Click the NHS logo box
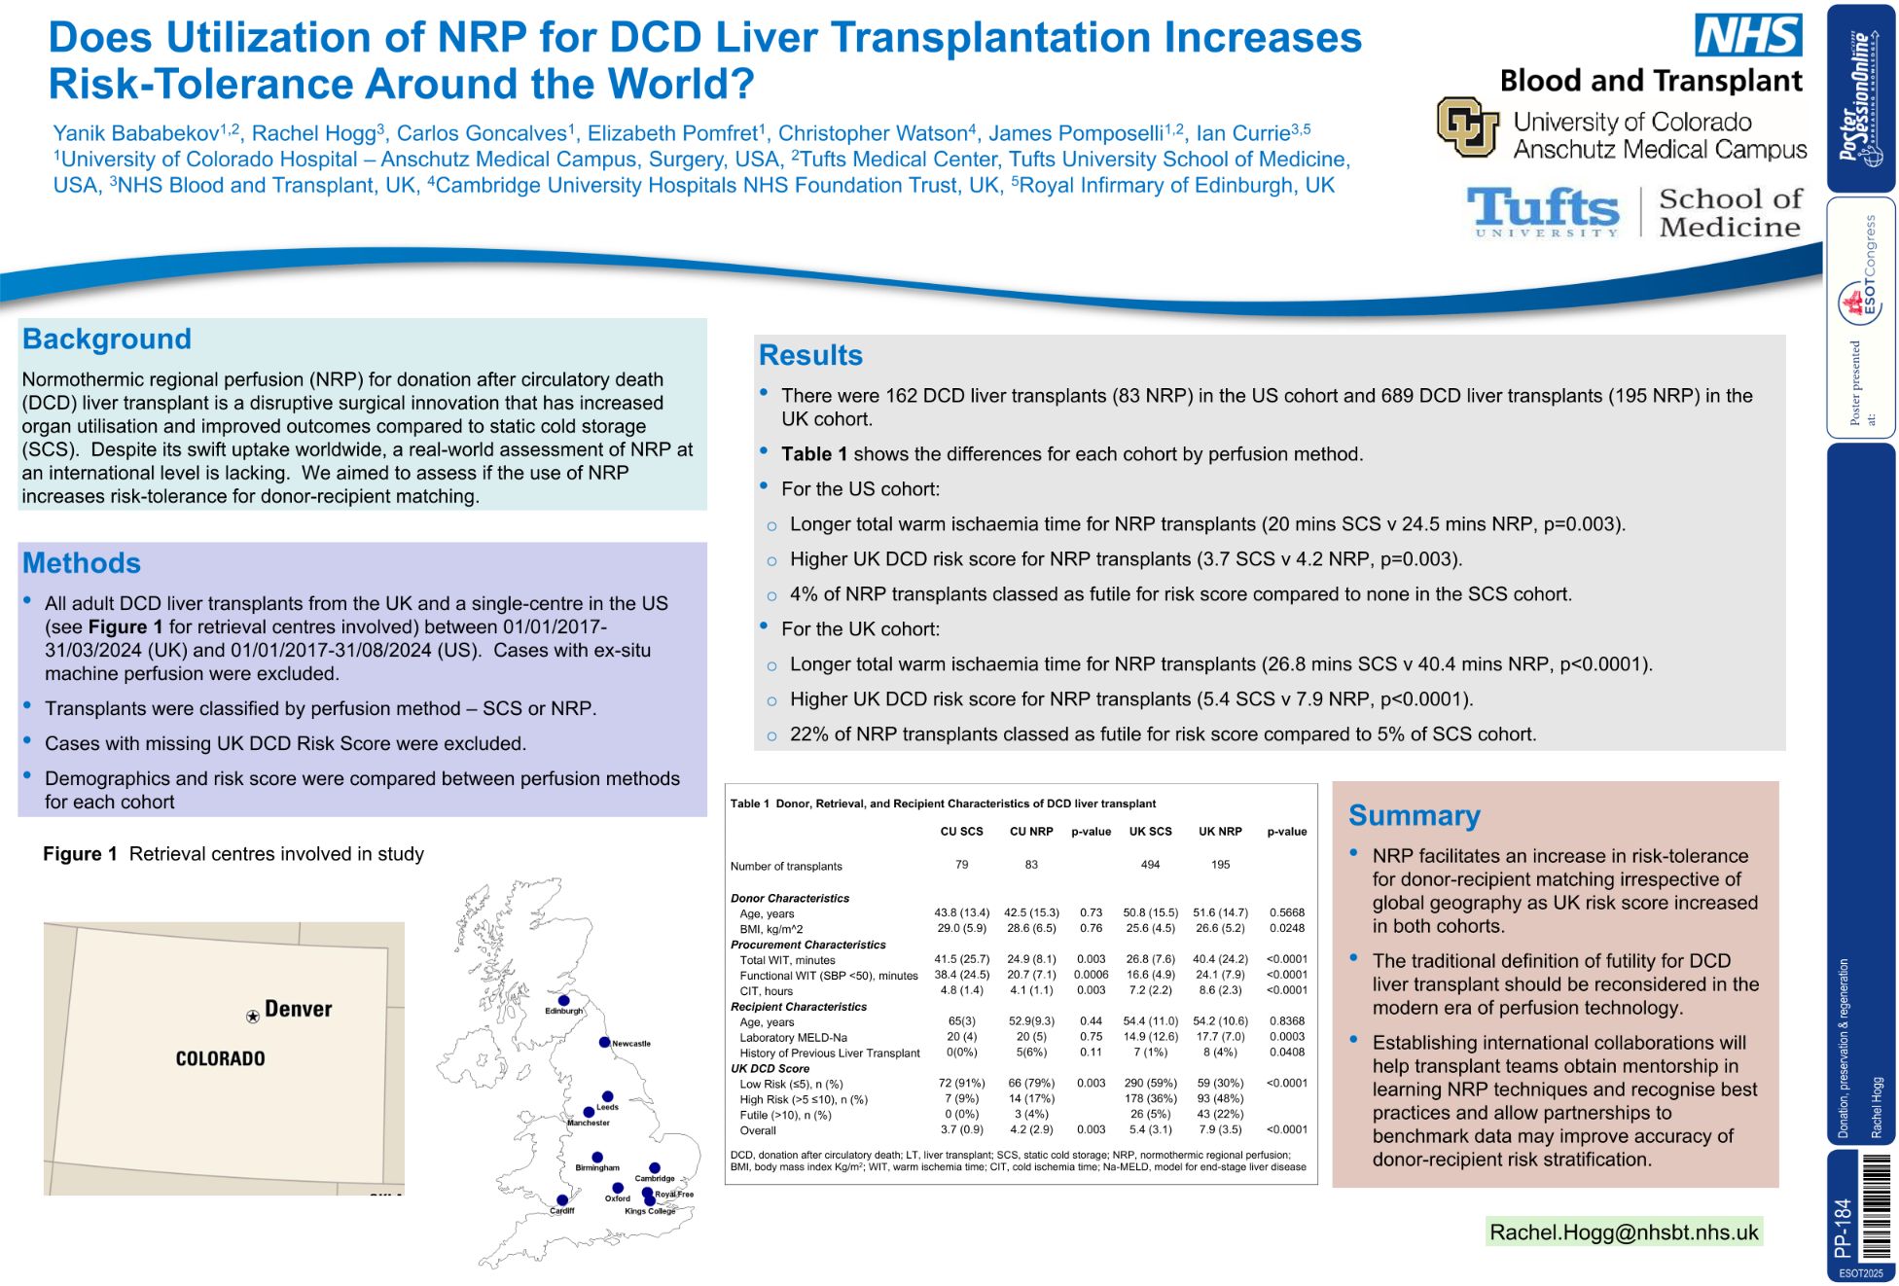[1747, 35]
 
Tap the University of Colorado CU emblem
[1467, 127]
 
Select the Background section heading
[107, 339]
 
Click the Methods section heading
[82, 562]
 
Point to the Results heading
[810, 355]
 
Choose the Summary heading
[1414, 815]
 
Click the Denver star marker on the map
[253, 1016]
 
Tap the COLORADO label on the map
[220, 1058]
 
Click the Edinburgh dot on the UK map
[563, 1000]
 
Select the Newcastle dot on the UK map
[604, 1042]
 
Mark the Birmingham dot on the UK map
[597, 1157]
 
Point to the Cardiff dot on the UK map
[561, 1200]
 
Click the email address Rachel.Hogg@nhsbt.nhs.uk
[1624, 1232]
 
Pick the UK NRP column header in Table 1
[1220, 832]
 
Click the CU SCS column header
[961, 832]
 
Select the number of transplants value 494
[1150, 865]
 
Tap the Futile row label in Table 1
[785, 1115]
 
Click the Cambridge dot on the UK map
[655, 1167]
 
